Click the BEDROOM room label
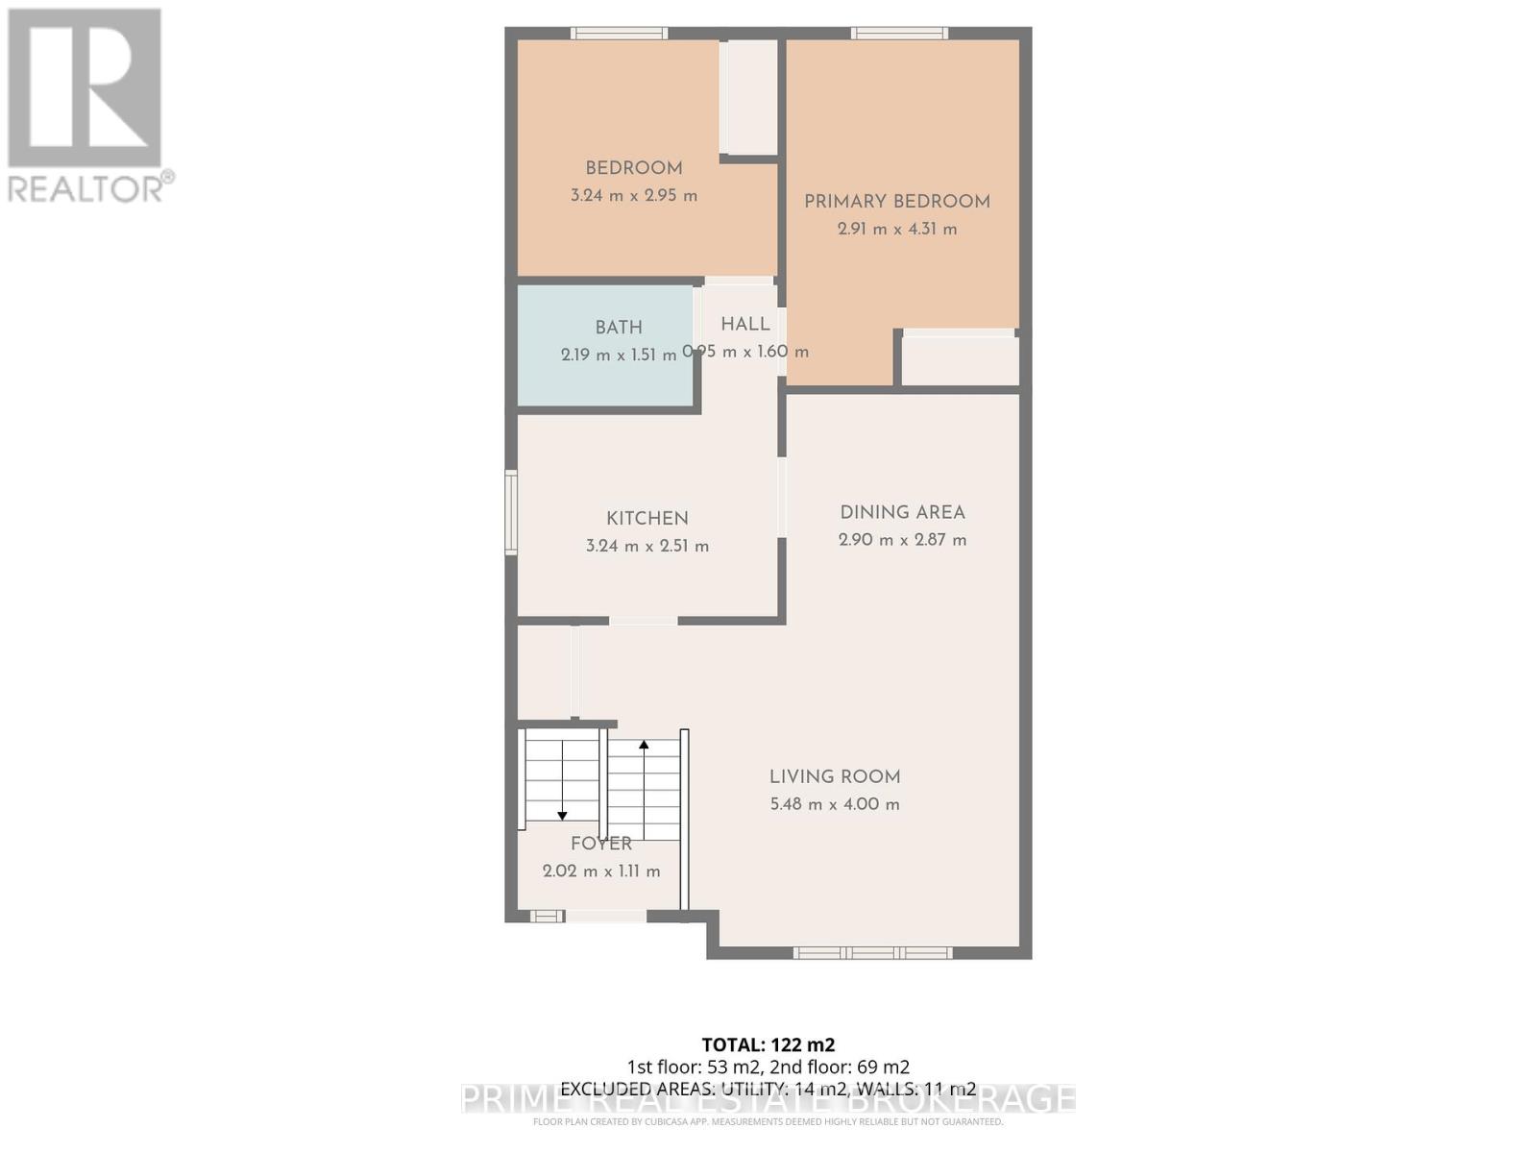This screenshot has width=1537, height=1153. point(634,168)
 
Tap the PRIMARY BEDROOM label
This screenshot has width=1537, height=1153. point(896,202)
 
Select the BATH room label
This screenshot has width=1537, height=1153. point(619,328)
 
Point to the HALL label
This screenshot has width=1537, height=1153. point(745,325)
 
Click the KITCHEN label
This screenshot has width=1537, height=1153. point(647,519)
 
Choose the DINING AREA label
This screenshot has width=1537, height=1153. point(902,513)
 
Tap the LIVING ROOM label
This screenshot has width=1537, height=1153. point(835,777)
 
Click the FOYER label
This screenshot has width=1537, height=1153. point(601,844)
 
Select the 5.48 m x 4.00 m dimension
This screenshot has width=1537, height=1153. point(835,804)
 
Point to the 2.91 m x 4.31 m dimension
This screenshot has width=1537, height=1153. point(896,229)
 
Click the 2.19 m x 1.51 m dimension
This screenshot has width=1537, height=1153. point(619,355)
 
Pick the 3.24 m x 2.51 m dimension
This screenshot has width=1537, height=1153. point(647,546)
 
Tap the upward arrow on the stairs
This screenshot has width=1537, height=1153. point(644,745)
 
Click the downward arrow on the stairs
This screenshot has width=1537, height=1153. point(562,815)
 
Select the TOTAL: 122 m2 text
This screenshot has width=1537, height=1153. point(768,1044)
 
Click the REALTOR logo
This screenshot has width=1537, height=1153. point(86,106)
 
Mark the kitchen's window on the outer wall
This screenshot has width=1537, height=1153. point(511,512)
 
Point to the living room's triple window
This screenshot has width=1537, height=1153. point(872,953)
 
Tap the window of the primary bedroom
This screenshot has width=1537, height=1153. point(899,34)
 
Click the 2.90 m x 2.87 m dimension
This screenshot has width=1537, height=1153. point(902,540)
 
